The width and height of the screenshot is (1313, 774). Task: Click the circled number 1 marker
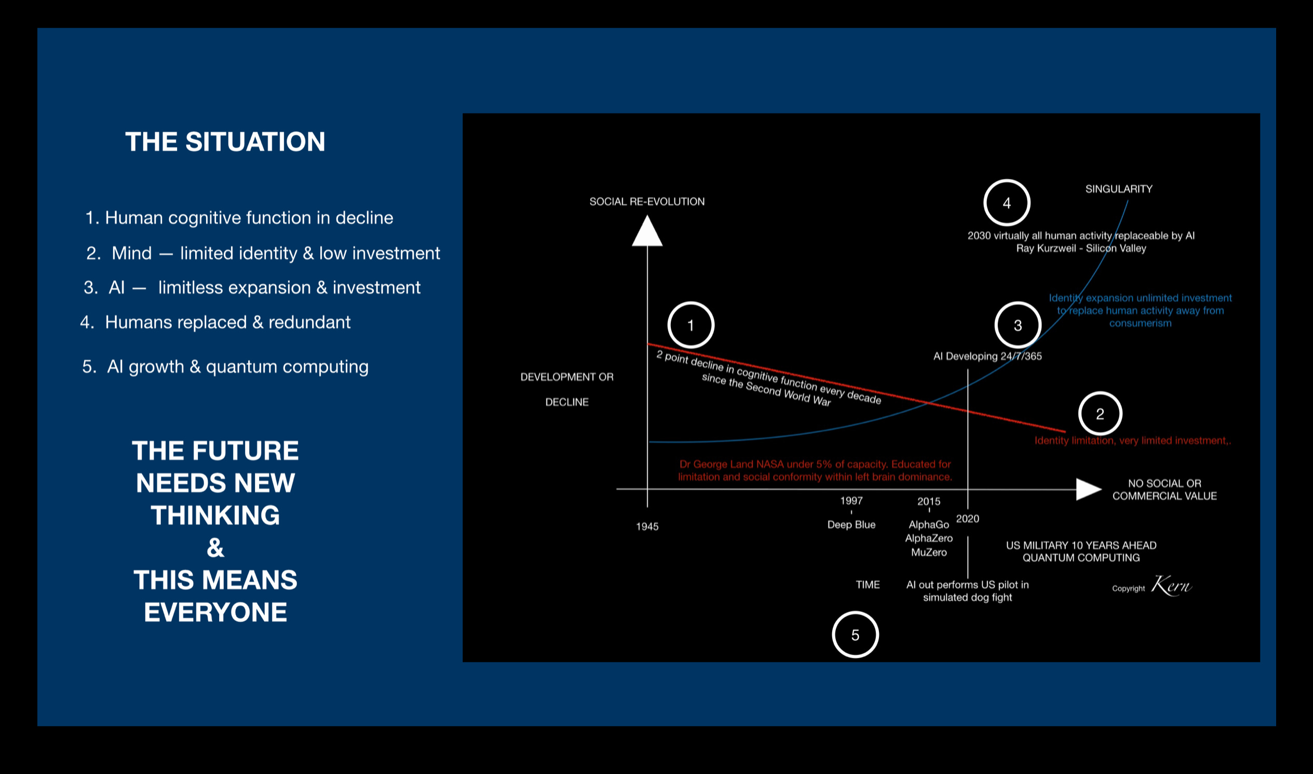point(691,325)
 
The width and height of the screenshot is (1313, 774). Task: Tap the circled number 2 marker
point(1100,413)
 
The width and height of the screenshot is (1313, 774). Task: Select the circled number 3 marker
point(1018,325)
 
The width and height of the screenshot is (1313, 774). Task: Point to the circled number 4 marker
point(1007,203)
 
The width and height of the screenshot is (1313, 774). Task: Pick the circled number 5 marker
point(855,634)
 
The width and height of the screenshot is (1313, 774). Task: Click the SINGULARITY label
point(1119,189)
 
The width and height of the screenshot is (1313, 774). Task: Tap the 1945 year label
point(647,526)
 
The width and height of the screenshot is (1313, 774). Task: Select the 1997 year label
point(851,501)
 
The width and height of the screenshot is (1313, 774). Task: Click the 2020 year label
point(967,518)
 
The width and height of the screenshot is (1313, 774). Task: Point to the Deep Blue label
point(851,524)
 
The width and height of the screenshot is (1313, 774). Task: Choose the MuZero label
point(929,552)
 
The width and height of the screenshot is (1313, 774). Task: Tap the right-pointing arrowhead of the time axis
point(1088,489)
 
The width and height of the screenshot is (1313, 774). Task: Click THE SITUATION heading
point(225,142)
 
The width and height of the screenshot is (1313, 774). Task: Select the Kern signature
point(1171,585)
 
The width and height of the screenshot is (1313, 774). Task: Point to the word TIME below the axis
point(868,585)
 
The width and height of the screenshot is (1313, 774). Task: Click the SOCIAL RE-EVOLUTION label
point(647,202)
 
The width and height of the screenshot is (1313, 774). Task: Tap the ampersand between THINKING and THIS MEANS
point(215,548)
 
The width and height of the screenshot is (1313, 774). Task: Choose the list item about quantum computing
point(225,367)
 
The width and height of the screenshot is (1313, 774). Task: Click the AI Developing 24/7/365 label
point(987,356)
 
